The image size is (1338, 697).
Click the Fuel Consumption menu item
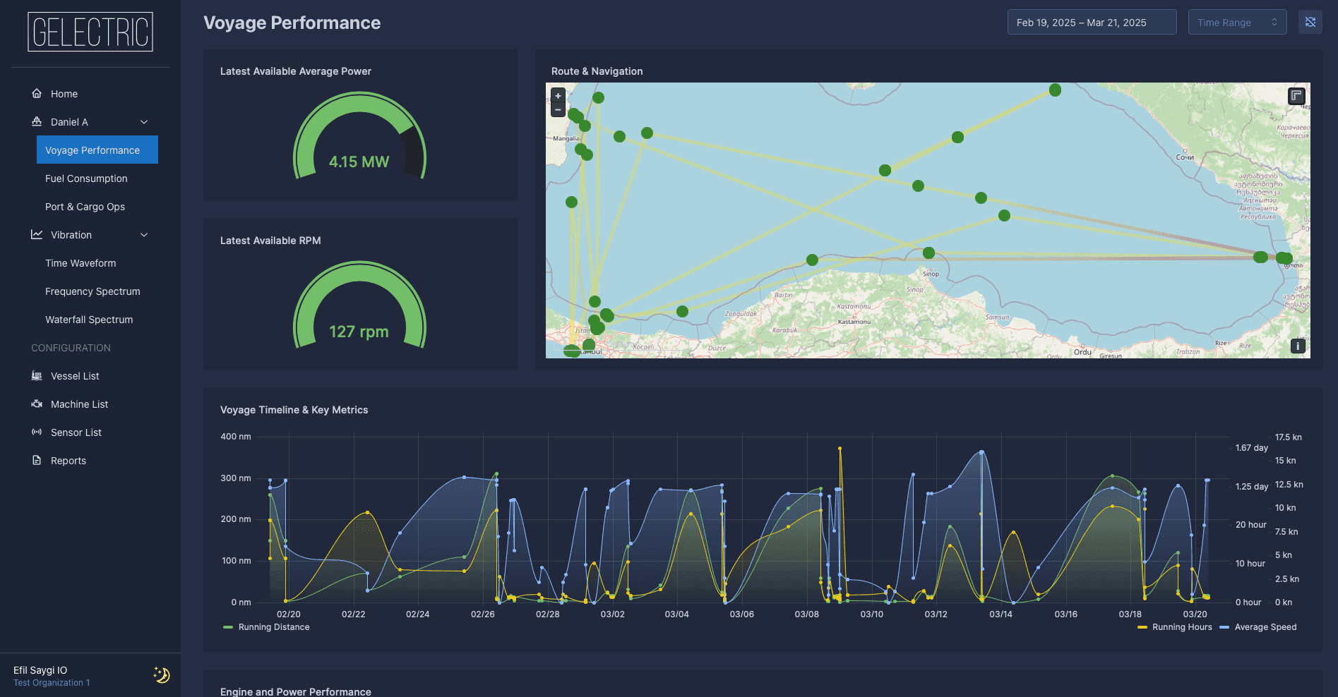pos(86,178)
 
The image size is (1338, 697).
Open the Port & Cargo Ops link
pos(85,207)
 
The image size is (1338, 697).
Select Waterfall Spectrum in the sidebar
pos(89,320)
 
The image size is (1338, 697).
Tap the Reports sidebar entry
pos(68,461)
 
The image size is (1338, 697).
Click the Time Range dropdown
pos(1237,23)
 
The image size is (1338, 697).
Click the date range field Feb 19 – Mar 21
pos(1091,23)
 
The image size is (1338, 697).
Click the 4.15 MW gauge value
pos(359,162)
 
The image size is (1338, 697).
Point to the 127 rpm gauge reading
pos(359,332)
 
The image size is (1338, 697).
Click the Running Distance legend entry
pos(273,627)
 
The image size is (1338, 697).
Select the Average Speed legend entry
pos(1265,627)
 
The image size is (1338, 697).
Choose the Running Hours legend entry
pos(1181,627)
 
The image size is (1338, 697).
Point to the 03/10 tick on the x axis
pos(871,614)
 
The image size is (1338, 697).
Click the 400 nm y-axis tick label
pos(236,437)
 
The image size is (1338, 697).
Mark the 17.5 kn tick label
pos(1288,437)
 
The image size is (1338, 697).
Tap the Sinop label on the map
pos(931,274)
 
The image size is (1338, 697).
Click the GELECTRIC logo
pos(90,32)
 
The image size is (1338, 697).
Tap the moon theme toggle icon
pos(162,675)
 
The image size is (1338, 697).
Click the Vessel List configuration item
pos(75,376)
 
